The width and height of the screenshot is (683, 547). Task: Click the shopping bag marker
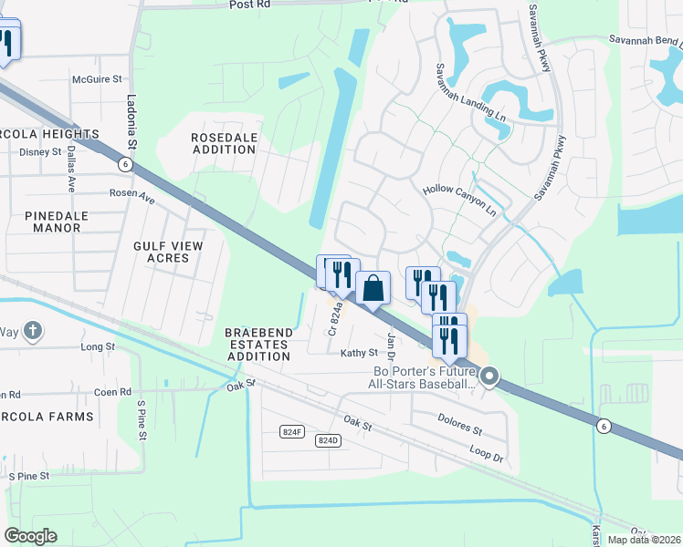coord(373,289)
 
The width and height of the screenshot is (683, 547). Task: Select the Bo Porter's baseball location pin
coord(489,376)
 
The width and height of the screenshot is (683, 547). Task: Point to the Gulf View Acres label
coord(167,252)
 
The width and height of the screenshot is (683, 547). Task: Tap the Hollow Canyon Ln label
coord(458,201)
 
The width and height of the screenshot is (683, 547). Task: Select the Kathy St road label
coord(359,353)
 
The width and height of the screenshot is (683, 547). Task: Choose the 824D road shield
coord(328,440)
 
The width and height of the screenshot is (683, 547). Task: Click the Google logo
coord(30,536)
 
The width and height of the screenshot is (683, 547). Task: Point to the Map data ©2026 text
coord(644,540)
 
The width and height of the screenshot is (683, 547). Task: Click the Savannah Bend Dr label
coord(646,40)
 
